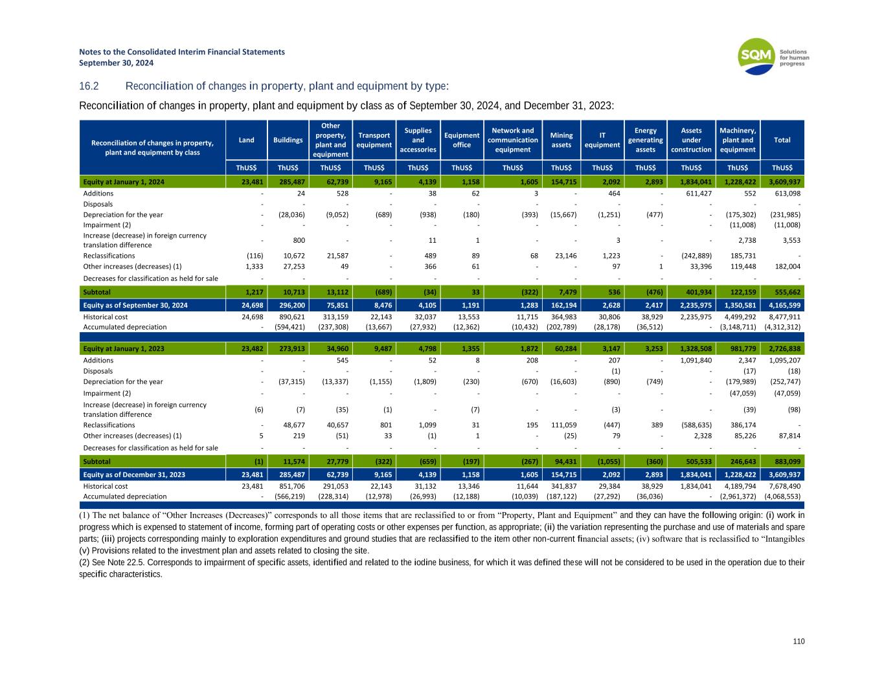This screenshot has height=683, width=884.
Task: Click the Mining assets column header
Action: pos(561,140)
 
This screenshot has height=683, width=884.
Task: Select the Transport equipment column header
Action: pos(374,140)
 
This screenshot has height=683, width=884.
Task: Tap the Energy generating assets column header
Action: pos(645,140)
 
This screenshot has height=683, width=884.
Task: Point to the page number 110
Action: pos(799,641)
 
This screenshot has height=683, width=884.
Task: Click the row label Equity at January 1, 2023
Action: pos(124,349)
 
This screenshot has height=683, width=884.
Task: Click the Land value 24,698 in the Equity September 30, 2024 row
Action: pos(251,306)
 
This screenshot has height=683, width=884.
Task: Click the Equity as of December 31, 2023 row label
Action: pos(134,475)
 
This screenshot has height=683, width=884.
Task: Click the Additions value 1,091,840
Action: pos(694,361)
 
